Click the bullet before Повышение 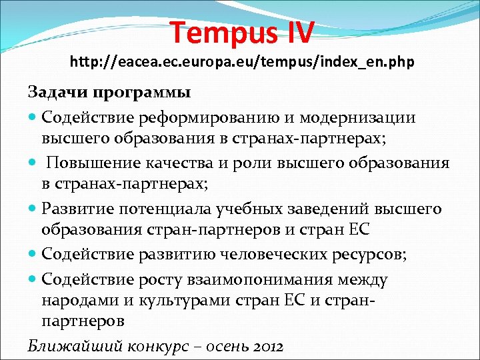pyautogui.click(x=33, y=164)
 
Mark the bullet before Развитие pyautogui.click(x=33, y=210)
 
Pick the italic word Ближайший pyautogui.click(x=69, y=347)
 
